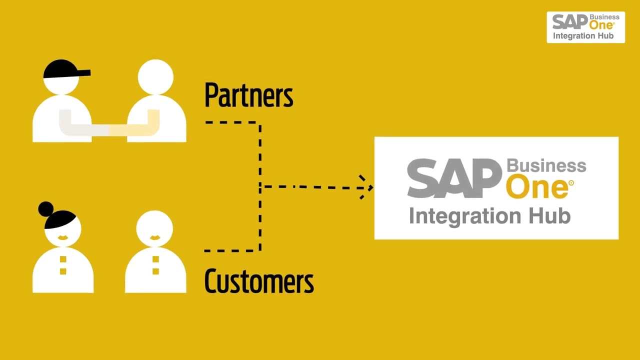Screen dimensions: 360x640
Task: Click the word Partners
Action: click(248, 95)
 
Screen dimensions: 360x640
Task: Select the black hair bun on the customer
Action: click(46, 208)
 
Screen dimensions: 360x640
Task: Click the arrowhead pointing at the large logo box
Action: click(367, 187)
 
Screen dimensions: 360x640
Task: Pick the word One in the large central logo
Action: click(537, 187)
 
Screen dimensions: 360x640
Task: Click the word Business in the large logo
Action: click(546, 165)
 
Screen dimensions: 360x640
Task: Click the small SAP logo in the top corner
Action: click(569, 22)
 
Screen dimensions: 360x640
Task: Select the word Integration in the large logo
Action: click(466, 216)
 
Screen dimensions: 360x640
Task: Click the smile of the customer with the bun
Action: click(63, 237)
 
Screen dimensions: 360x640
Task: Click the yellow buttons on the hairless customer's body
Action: click(155, 265)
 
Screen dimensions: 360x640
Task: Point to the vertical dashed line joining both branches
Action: click(260, 186)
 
